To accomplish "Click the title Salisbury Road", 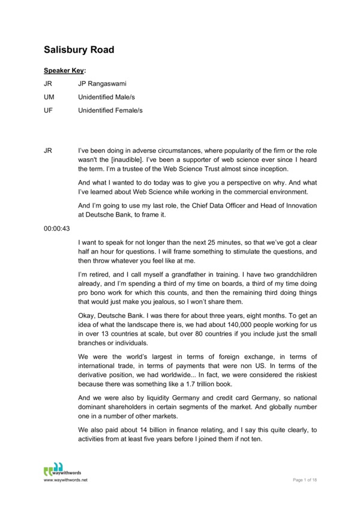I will [x=79, y=49].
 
